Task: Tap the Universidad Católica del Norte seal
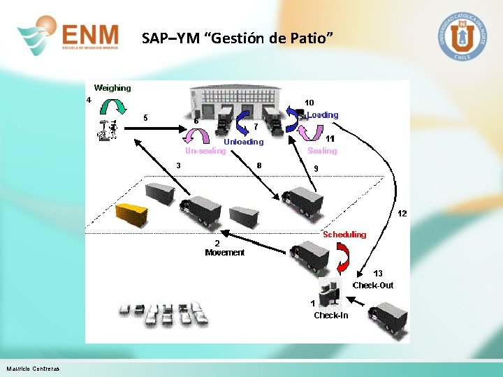(x=461, y=36)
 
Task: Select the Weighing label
(x=112, y=88)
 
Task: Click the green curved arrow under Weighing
(x=112, y=106)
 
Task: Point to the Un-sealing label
(x=205, y=150)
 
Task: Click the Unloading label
(x=244, y=142)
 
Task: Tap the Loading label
(x=323, y=114)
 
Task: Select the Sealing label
(x=322, y=151)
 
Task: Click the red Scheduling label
(x=344, y=235)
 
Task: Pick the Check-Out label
(x=372, y=285)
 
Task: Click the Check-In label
(x=330, y=316)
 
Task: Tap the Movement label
(x=224, y=253)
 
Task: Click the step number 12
(x=402, y=213)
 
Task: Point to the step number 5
(x=145, y=117)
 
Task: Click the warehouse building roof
(x=237, y=96)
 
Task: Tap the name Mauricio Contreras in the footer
(x=33, y=369)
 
